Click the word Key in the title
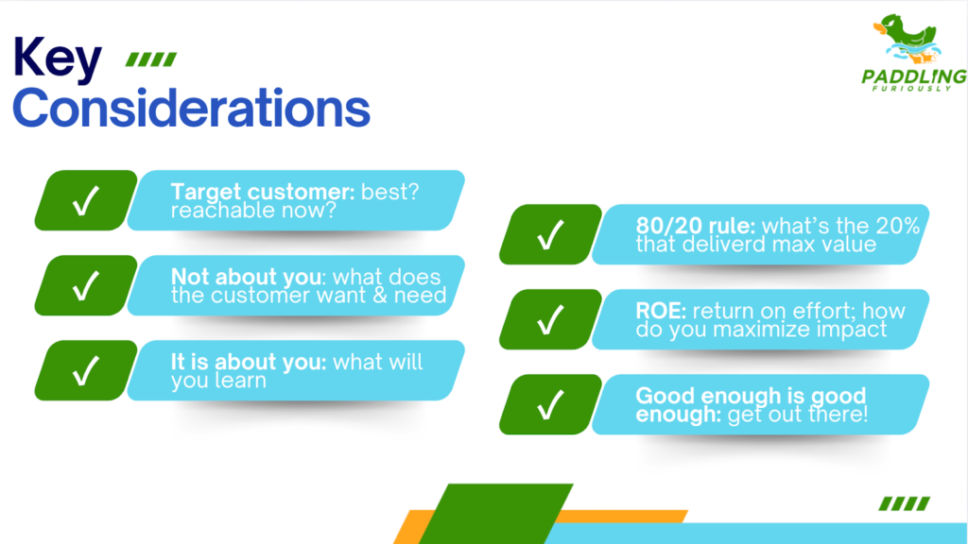point(57,59)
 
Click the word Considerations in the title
point(191,108)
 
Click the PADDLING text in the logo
point(914,76)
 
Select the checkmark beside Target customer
point(86,200)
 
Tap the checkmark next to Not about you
point(86,285)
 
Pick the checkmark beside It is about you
point(86,370)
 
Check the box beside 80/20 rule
point(551,234)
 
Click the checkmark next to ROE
point(551,319)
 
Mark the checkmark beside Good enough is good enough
point(551,404)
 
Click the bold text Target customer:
point(263,192)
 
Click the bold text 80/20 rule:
point(696,226)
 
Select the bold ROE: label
point(661,311)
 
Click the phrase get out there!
point(798,415)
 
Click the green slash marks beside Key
point(151,59)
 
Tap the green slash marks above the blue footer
point(905,504)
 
